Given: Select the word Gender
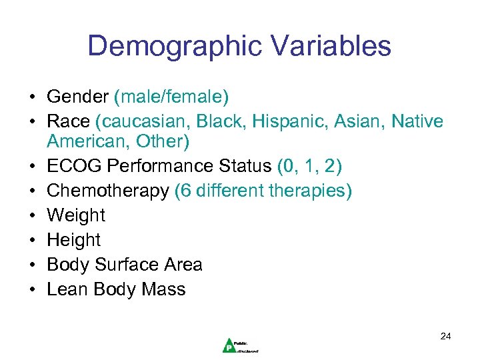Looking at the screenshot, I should (77, 97).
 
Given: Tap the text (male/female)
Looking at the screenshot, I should (171, 97).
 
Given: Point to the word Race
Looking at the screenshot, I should (68, 122).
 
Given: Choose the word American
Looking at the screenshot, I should (88, 141).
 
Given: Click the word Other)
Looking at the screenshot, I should (163, 141).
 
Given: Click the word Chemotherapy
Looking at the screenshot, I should (108, 191).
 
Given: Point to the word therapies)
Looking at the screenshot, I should (311, 191).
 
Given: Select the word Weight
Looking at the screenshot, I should (76, 215).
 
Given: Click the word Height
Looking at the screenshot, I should (73, 240).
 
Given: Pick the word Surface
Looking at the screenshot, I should (125, 265).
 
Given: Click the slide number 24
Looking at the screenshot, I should (445, 337).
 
